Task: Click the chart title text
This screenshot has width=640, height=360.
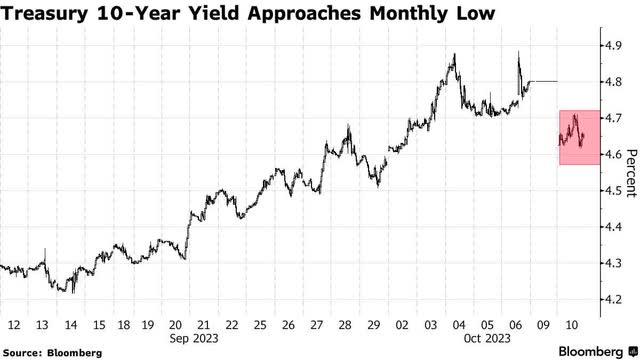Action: pos(250,15)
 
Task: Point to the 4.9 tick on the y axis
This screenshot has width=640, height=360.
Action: pos(609,46)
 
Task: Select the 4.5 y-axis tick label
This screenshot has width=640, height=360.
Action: pos(609,190)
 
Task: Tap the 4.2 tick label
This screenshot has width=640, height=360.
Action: pos(609,299)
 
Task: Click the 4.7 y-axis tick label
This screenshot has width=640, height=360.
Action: pos(609,118)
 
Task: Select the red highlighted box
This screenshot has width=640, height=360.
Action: pos(578,137)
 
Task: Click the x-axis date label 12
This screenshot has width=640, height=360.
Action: pos(13,325)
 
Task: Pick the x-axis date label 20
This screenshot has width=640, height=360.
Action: pos(176,325)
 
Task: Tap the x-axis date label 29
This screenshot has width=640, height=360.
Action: pos(375,325)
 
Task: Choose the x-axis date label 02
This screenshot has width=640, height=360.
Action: pos(403,325)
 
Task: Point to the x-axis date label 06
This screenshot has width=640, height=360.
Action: pos(516,325)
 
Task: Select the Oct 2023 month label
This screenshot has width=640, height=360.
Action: pos(488,340)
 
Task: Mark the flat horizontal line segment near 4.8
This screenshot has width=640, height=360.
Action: pos(543,81)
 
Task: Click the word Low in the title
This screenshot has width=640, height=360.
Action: pos(479,15)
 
